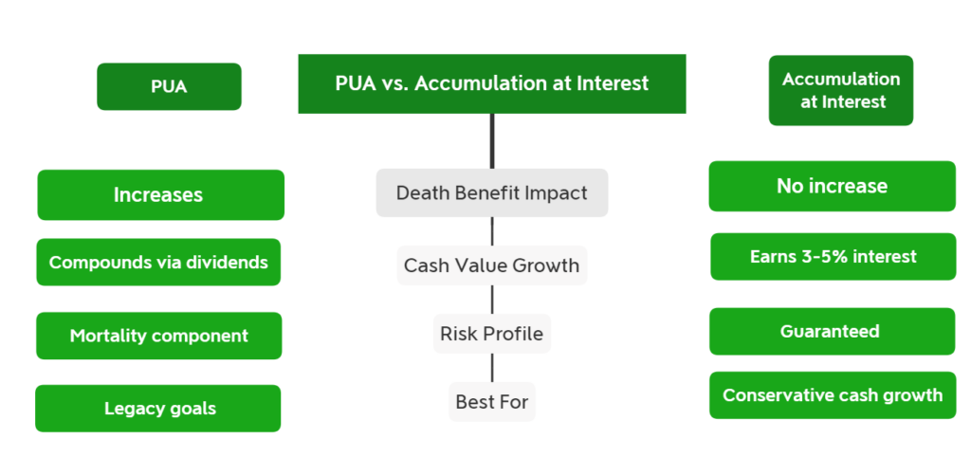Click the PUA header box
169,86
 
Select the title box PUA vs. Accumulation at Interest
492,83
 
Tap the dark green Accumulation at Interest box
841,90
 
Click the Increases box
160,195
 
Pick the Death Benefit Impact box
492,192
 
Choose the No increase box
833,186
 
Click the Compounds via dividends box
158,262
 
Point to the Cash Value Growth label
492,265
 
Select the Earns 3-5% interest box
833,256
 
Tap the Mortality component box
159,336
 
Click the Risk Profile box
492,334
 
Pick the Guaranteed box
833,331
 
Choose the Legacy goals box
158,408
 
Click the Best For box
492,402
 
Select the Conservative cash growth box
833,395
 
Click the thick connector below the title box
492,141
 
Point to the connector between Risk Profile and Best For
492,368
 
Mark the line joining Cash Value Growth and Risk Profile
492,300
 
